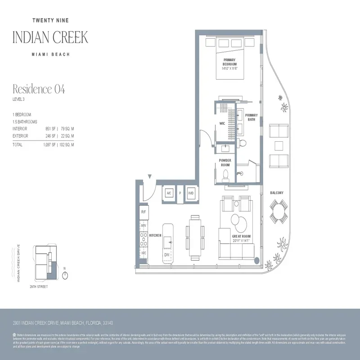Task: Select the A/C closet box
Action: tap(169, 193)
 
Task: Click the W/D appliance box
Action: tap(191, 193)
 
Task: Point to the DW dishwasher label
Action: tap(166, 255)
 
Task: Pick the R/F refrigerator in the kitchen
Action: tap(144, 211)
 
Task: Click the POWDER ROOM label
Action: tap(225, 162)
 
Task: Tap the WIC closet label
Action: tap(222, 123)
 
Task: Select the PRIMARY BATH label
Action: tap(252, 117)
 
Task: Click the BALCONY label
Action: tap(277, 193)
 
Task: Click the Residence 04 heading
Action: tap(39, 89)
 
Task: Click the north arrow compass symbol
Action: tap(65, 275)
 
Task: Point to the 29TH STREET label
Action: tap(39, 287)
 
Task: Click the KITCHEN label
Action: tap(155, 235)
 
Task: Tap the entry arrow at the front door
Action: tap(149, 176)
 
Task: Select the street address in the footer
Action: tap(63, 323)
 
